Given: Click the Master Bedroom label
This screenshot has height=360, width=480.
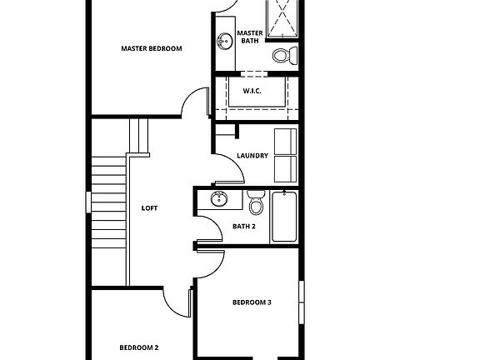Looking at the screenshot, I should coord(151,48).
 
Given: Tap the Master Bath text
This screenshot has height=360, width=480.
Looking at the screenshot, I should coord(250,37).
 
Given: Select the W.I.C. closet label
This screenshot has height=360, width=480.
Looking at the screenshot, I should coord(252,91).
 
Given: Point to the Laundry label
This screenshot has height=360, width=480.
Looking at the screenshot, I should coord(252,156).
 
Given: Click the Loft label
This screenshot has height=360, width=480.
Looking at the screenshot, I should coord(149,208).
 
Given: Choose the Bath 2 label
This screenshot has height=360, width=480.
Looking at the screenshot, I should coord(243,226).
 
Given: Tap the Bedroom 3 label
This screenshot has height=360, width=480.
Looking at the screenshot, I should coord(252,302).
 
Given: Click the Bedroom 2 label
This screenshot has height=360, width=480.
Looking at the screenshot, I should coord(138,347).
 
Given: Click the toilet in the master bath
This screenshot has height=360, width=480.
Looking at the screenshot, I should coord(284,57).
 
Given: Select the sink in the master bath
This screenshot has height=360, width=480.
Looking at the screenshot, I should coord(223,41).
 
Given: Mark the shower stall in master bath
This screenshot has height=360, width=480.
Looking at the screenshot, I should coord(282,18).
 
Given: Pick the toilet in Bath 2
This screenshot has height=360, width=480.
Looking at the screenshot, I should coord(256,202).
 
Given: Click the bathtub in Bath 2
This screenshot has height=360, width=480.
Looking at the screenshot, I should coord(284,216).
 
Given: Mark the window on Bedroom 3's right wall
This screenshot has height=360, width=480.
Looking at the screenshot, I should coord(302,301).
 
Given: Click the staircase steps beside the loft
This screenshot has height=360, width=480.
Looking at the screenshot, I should coord(107,207).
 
